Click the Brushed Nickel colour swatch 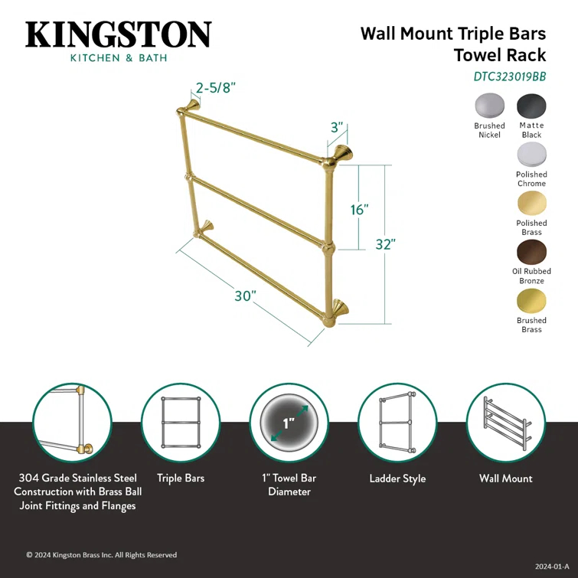[489, 105]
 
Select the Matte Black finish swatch [531, 105]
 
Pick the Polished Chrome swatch [531, 154]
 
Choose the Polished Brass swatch [531, 203]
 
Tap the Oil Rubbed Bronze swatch [531, 251]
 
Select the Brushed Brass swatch [531, 300]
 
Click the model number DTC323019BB [509, 76]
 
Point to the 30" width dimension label [245, 296]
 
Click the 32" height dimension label [386, 244]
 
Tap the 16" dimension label [360, 209]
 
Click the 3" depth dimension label [337, 128]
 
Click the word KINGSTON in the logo [119, 35]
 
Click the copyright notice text [102, 555]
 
